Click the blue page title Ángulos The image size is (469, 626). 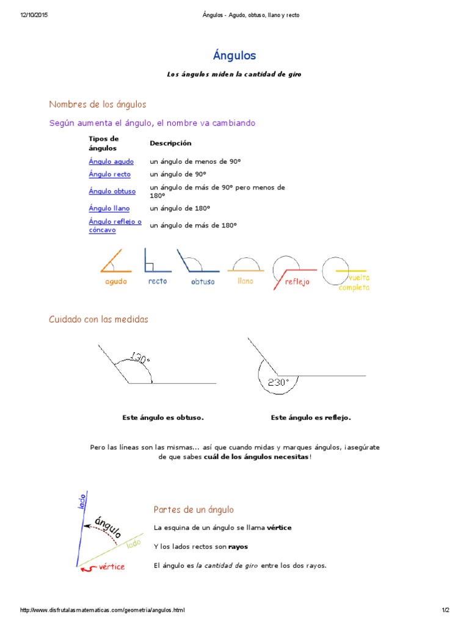point(234,56)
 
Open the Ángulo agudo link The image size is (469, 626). point(111,161)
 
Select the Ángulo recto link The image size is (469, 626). point(109,174)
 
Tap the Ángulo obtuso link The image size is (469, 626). point(112,191)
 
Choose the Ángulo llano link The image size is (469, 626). point(109,208)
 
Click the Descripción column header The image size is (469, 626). point(170,143)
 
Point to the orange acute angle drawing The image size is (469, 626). point(115,262)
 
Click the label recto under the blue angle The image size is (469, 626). point(158,281)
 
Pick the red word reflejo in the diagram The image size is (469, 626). point(297,282)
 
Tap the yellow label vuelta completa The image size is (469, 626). point(354,282)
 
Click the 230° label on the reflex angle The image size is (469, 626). point(278,383)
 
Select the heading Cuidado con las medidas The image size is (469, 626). point(98,319)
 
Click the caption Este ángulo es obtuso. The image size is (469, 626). point(163,418)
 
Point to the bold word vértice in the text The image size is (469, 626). point(279,528)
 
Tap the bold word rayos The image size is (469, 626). point(238,547)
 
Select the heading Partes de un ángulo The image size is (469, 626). point(194,509)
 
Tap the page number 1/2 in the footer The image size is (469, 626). point(445,610)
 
